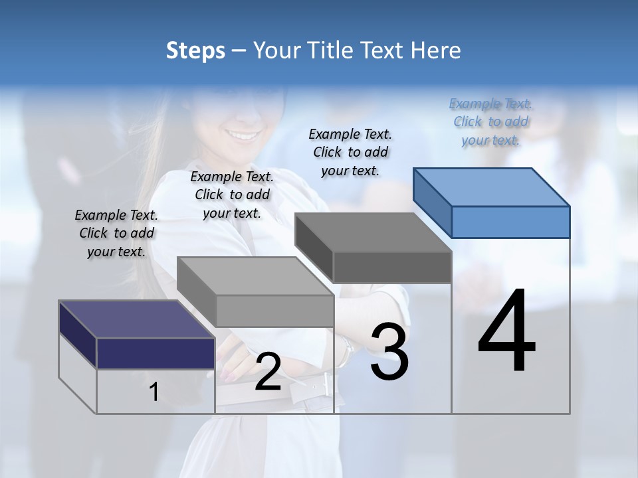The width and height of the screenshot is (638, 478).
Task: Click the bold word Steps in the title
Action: pos(195,50)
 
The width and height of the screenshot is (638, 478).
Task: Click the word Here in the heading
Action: pos(436,50)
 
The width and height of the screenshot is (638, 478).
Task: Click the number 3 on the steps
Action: pos(389,351)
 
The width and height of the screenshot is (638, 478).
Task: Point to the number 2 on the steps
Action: pos(268,372)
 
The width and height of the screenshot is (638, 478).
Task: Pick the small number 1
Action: pos(154,392)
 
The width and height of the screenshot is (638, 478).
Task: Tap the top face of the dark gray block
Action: pos(373,232)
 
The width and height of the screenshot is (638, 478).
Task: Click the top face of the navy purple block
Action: pos(137,319)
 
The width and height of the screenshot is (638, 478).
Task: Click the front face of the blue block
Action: pos(510,222)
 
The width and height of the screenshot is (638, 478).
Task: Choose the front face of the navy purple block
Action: pos(156,353)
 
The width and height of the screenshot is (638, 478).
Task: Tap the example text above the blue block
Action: pos(490,121)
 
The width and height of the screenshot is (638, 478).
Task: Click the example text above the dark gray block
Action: pos(350,152)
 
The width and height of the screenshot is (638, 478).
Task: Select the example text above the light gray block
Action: pos(232,195)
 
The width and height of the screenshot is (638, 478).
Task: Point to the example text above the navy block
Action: pos(116,233)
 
